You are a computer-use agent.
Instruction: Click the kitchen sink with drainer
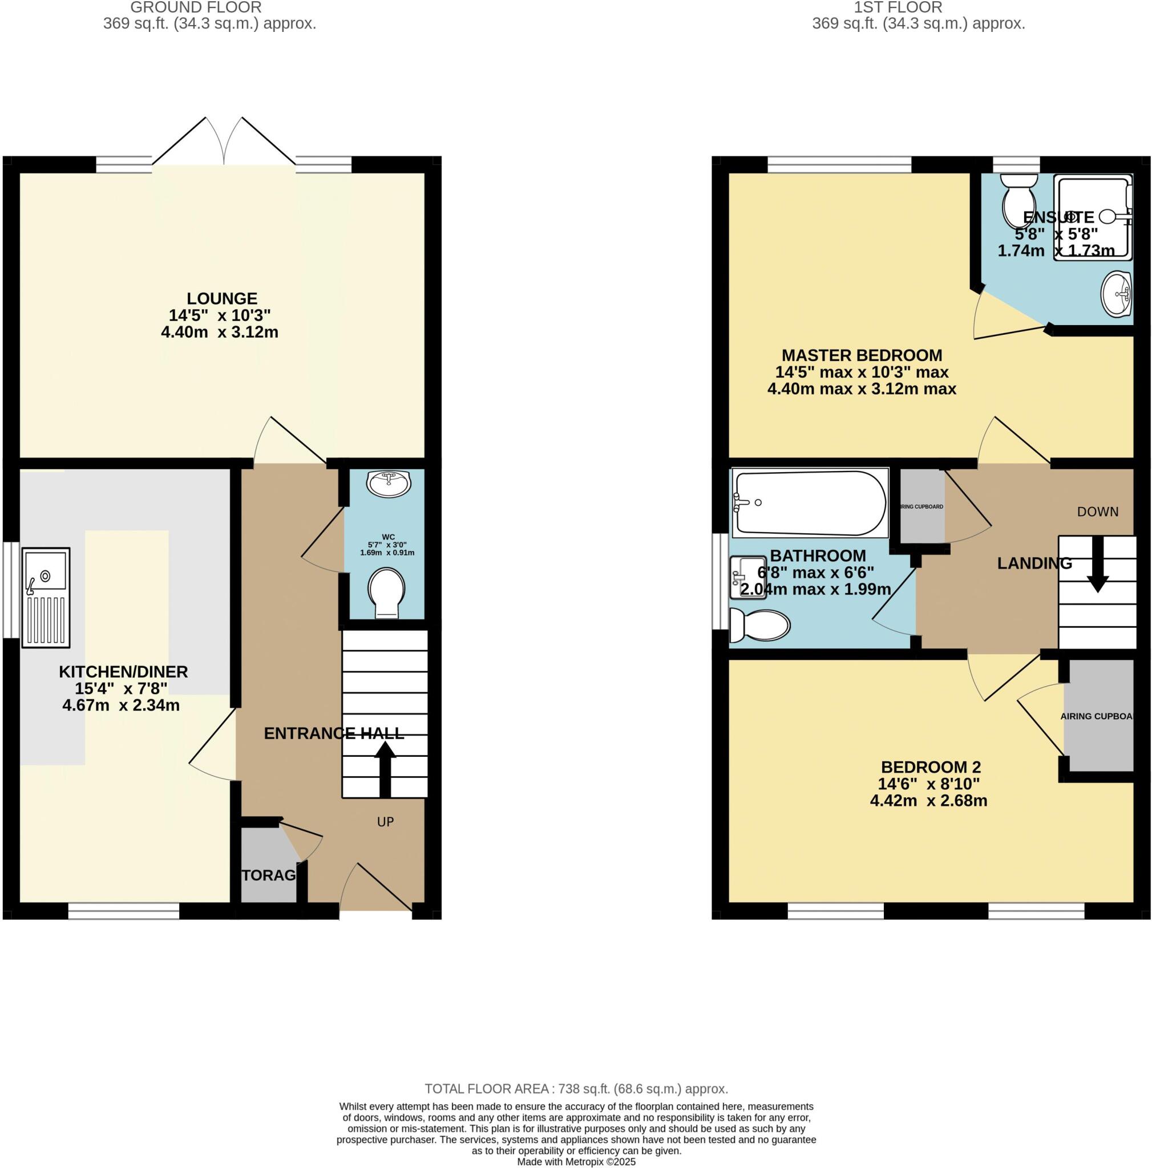click(x=46, y=597)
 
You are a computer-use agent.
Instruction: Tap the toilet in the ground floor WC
click(x=386, y=591)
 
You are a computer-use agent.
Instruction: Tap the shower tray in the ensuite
click(x=1092, y=218)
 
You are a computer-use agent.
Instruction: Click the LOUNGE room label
click(x=222, y=299)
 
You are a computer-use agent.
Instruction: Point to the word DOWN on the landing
click(x=1098, y=512)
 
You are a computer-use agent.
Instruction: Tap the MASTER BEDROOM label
click(x=862, y=355)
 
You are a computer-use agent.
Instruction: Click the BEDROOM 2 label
click(x=930, y=767)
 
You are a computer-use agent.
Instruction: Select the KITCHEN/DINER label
click(x=123, y=672)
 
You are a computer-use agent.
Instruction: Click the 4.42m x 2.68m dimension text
click(x=928, y=801)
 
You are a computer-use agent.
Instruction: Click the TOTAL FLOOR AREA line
click(x=576, y=1089)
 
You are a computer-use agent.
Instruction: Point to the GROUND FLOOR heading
click(x=196, y=8)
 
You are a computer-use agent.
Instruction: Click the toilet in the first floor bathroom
click(x=759, y=624)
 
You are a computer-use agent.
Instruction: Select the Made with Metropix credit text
click(x=576, y=1162)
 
